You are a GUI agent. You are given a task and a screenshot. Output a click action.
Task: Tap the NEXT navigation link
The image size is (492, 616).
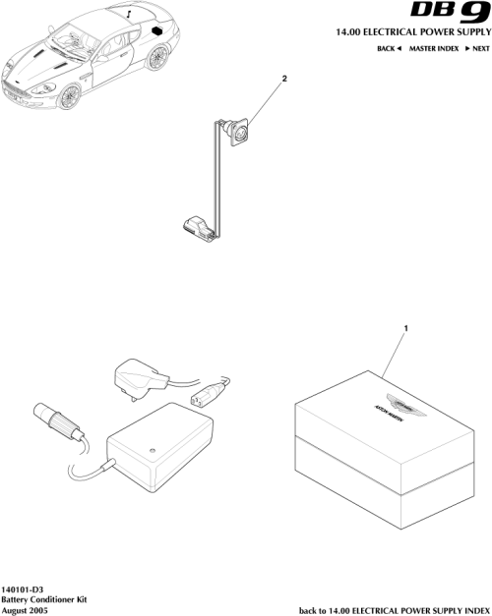(476, 48)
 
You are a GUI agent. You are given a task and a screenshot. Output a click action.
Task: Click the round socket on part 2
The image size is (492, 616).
(238, 130)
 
